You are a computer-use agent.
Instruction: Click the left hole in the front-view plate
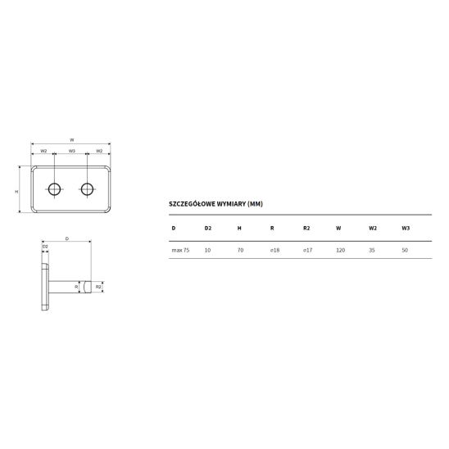tap(54, 189)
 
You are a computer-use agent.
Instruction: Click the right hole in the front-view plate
tap(87, 189)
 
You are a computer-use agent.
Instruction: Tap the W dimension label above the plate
tap(72, 140)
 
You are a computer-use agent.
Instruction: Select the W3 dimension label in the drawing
tap(72, 151)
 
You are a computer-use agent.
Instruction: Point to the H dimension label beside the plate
tap(16, 192)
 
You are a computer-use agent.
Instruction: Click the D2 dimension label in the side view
tap(45, 247)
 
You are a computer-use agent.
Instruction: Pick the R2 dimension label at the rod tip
tap(98, 287)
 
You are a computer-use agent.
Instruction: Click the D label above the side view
tap(67, 238)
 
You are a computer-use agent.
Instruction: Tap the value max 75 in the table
tap(180, 250)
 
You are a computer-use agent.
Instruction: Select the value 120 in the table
tap(341, 250)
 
